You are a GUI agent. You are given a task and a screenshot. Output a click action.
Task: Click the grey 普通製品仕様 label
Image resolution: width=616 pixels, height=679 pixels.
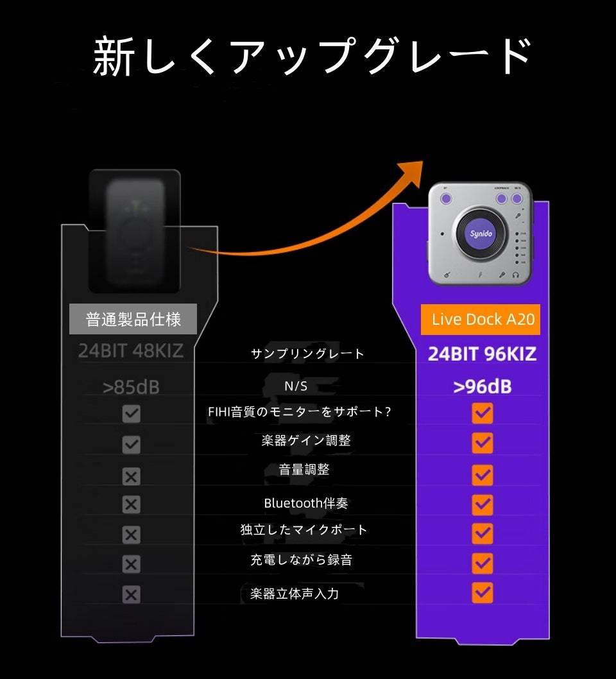click(x=133, y=320)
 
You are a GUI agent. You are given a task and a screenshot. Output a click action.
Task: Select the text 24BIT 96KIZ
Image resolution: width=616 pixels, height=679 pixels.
click(x=482, y=354)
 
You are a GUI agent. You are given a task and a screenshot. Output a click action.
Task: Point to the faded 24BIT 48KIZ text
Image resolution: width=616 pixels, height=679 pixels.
click(x=131, y=351)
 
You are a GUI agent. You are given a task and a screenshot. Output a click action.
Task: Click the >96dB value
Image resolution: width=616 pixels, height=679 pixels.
click(x=482, y=387)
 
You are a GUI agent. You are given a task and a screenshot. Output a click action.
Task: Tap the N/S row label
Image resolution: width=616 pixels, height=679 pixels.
click(x=296, y=386)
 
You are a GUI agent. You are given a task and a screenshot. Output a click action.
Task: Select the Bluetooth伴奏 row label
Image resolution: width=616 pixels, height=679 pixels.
click(x=306, y=503)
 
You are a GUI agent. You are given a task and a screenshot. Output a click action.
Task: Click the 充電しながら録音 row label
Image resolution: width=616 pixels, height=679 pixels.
click(x=301, y=560)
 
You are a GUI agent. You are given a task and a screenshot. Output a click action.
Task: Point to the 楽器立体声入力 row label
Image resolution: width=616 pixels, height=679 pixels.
click(x=295, y=594)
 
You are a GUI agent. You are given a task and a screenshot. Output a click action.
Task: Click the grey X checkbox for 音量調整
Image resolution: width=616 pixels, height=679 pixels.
click(x=131, y=476)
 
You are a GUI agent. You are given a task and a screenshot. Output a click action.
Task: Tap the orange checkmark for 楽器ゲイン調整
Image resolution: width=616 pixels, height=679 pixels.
click(x=482, y=443)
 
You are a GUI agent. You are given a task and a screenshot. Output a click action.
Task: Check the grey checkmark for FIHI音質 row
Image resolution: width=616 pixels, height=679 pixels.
click(x=131, y=413)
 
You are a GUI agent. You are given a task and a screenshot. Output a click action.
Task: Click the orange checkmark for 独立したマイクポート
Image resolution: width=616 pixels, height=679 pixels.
click(x=482, y=533)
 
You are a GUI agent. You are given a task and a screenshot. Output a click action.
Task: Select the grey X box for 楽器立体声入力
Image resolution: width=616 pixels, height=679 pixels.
click(x=131, y=595)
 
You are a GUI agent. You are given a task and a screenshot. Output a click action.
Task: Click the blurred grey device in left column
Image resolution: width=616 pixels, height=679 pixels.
click(x=135, y=231)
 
